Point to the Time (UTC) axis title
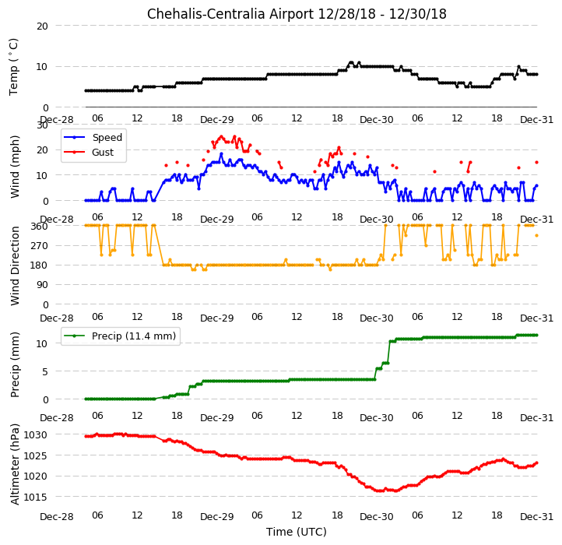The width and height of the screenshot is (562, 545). (297, 532)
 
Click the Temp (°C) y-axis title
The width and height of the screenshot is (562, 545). (13, 67)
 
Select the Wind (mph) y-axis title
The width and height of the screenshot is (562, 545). (15, 167)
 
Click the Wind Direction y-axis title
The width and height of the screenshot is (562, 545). (15, 265)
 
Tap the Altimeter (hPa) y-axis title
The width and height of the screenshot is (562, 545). (15, 464)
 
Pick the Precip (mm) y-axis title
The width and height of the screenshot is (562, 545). (15, 365)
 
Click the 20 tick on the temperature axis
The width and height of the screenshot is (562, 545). (42, 26)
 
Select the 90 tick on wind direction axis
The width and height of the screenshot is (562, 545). (43, 285)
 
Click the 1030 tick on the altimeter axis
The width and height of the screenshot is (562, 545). (35, 435)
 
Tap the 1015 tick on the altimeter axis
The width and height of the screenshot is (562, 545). (35, 497)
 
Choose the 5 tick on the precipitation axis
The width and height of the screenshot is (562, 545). (45, 372)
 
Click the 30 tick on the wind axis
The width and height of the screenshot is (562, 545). (42, 125)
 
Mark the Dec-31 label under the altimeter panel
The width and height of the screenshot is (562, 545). (536, 517)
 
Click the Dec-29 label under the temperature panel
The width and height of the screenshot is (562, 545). (217, 120)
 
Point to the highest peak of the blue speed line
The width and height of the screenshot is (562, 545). (221, 154)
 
